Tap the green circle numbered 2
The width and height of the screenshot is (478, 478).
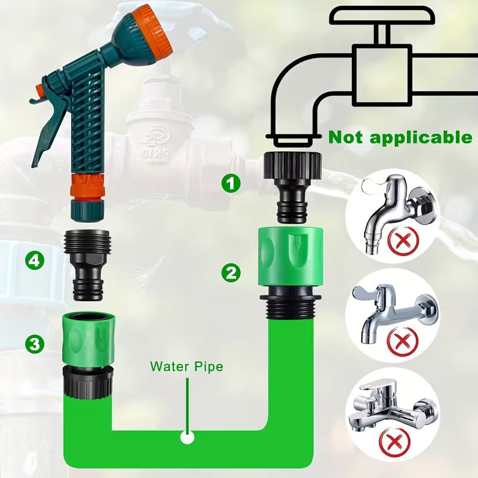point(231,272)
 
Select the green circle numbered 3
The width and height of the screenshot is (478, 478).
point(35,344)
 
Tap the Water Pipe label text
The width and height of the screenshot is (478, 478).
point(186,366)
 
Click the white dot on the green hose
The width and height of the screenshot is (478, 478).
point(188,438)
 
